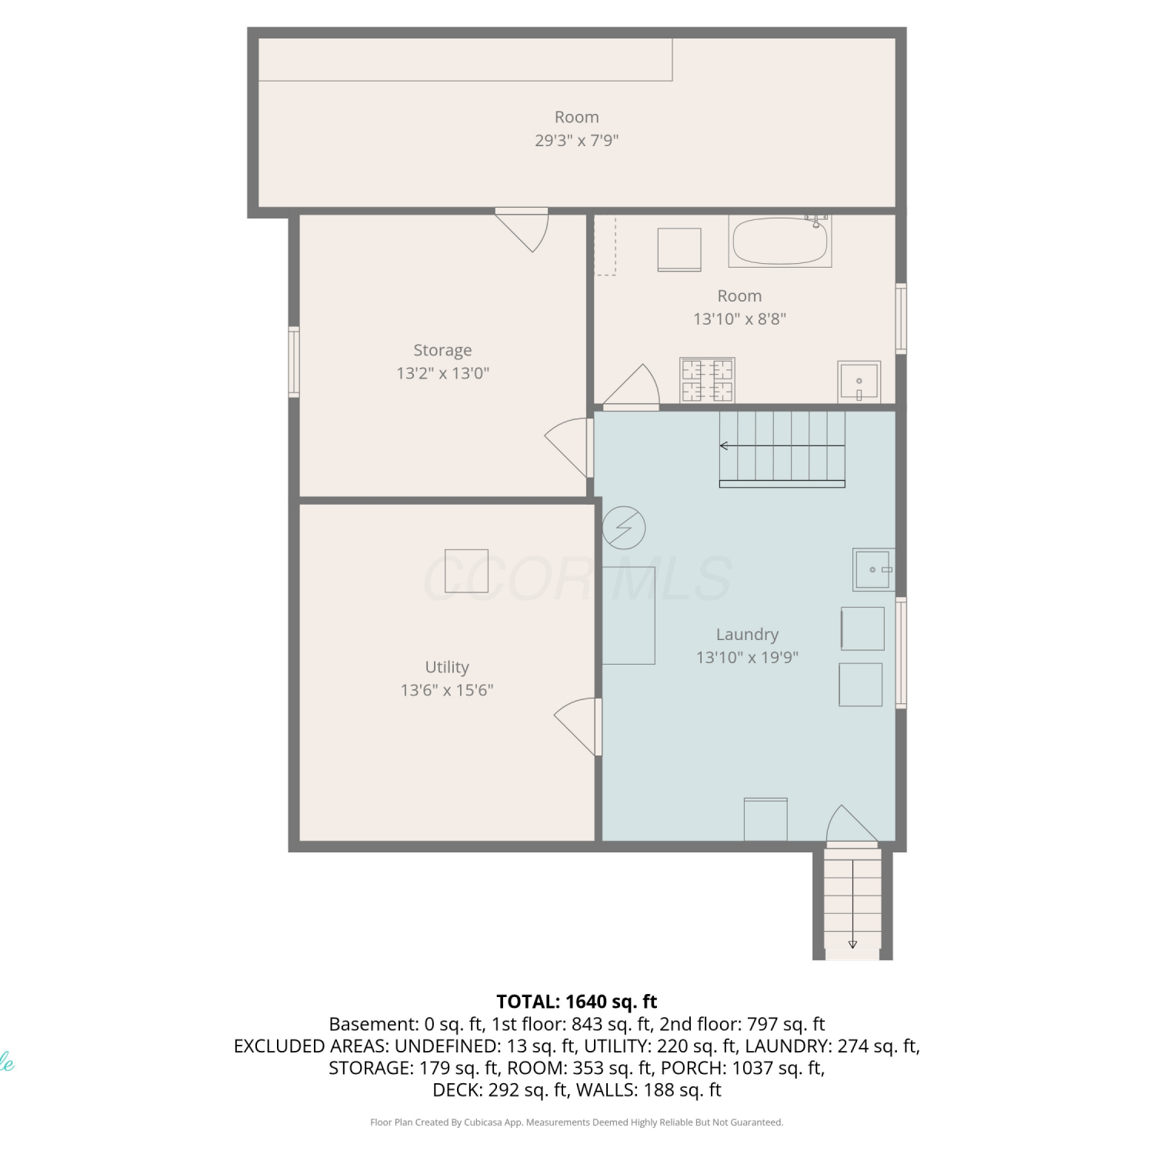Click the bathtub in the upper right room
tap(780, 241)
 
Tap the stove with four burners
tap(707, 380)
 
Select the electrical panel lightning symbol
tap(623, 528)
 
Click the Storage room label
tap(442, 350)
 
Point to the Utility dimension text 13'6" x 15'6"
tap(447, 690)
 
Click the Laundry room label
tap(747, 635)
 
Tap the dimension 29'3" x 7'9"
tap(577, 140)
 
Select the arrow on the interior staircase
tap(782, 446)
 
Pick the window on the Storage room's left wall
tap(294, 362)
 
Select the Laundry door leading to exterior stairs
tap(852, 824)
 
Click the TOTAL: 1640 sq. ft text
tap(577, 1002)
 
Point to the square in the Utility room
tap(466, 571)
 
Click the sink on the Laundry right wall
tap(873, 569)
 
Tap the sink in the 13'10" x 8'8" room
tap(859, 382)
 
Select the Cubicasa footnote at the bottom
tap(577, 1122)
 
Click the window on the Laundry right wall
tap(901, 652)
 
